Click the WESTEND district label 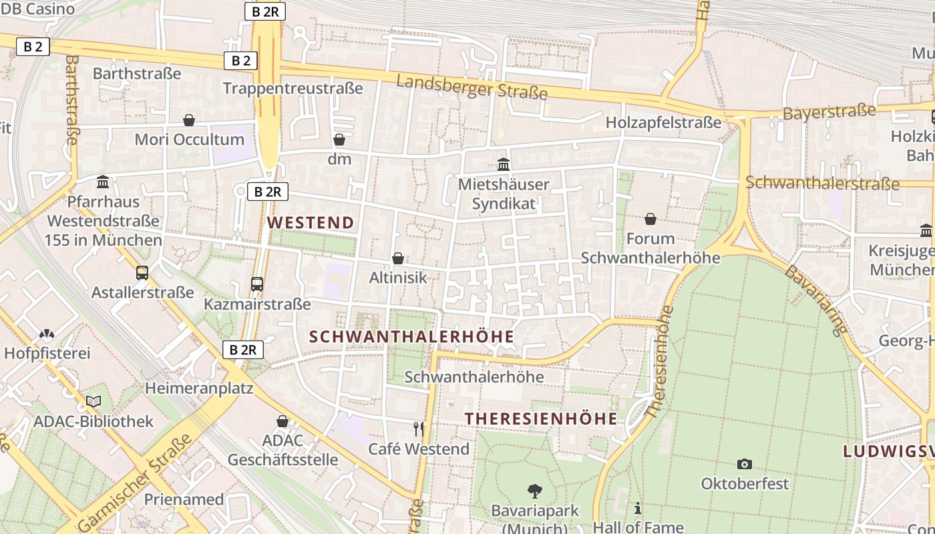pyautogui.click(x=311, y=223)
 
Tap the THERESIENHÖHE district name pyautogui.click(x=541, y=419)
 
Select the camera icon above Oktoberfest pyautogui.click(x=744, y=464)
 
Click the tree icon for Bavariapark pyautogui.click(x=534, y=491)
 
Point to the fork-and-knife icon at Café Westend pyautogui.click(x=419, y=429)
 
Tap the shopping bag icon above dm pyautogui.click(x=339, y=140)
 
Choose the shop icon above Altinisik pyautogui.click(x=398, y=258)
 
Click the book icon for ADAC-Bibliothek pyautogui.click(x=93, y=401)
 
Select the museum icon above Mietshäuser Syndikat pyautogui.click(x=504, y=164)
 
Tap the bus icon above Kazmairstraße pyautogui.click(x=257, y=284)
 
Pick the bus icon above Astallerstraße pyautogui.click(x=142, y=272)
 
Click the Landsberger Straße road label pyautogui.click(x=472, y=87)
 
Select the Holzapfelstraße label pyautogui.click(x=663, y=123)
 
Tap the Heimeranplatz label pyautogui.click(x=199, y=388)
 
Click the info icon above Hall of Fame pyautogui.click(x=638, y=508)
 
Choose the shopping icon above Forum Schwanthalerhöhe pyautogui.click(x=650, y=219)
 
